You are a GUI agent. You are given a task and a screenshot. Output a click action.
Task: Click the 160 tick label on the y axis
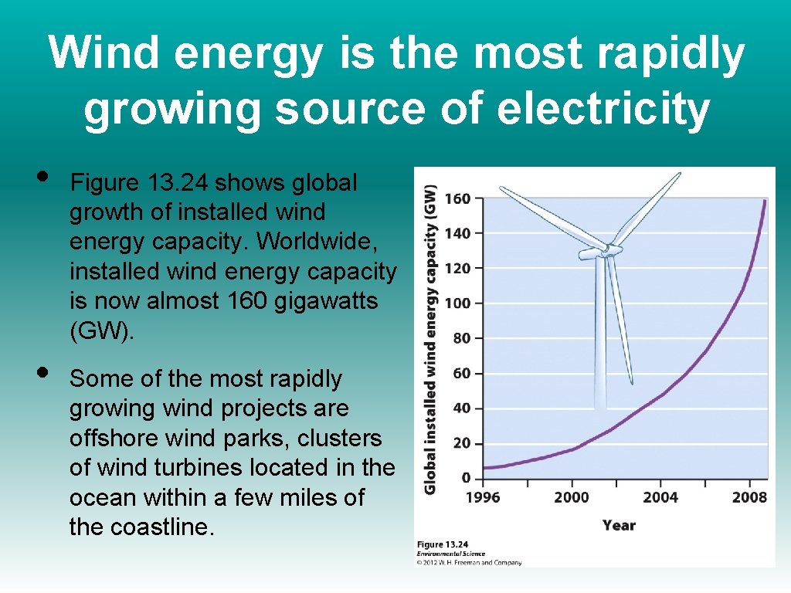[457, 198]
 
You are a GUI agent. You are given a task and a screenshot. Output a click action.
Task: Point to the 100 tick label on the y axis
[457, 303]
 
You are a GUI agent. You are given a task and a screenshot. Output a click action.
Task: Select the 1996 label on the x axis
[483, 497]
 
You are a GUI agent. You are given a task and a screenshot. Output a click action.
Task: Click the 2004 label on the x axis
[660, 497]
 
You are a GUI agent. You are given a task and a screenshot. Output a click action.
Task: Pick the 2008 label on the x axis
[749, 497]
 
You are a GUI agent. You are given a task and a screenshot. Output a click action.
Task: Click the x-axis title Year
[619, 525]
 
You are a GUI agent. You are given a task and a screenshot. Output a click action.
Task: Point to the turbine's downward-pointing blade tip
[631, 382]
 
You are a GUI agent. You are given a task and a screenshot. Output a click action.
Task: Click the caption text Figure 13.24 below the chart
[442, 544]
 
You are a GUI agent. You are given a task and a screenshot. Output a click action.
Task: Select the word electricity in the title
[603, 109]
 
